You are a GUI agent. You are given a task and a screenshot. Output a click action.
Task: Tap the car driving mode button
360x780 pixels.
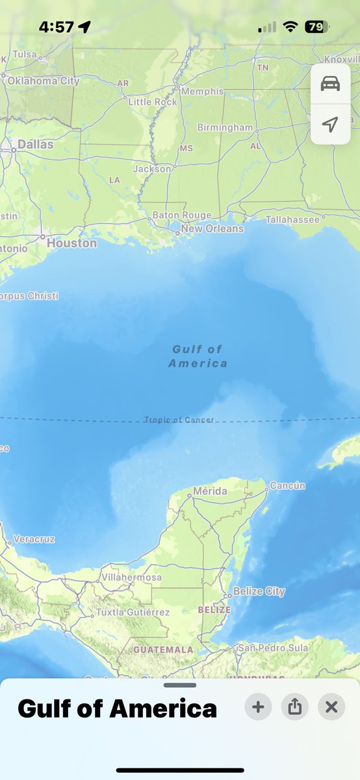[330, 84]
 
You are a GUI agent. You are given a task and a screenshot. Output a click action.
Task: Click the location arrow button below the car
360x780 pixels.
[330, 124]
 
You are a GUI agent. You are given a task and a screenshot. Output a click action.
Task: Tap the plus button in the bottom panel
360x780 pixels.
[258, 707]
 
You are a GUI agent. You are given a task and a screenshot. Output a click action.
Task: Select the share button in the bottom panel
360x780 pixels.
[295, 707]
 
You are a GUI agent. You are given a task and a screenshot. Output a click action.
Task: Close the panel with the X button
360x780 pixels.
[331, 707]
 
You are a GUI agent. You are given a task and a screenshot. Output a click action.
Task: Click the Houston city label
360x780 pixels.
[71, 243]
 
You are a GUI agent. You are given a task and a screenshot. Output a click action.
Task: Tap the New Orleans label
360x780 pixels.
[212, 228]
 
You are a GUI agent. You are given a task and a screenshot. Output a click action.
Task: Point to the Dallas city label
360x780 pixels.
[36, 144]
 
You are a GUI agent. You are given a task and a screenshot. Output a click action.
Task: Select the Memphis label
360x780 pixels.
[202, 91]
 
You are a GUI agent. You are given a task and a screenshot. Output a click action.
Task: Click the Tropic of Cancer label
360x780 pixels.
[179, 420]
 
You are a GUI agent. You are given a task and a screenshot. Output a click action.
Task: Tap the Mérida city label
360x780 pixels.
[211, 491]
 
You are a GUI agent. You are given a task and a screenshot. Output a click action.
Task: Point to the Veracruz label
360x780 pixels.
[34, 539]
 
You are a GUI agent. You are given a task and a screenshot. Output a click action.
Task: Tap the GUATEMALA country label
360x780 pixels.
[163, 649]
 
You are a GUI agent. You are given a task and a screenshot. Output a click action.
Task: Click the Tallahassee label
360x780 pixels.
[292, 220]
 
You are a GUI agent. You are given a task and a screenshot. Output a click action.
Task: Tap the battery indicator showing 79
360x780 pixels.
[316, 27]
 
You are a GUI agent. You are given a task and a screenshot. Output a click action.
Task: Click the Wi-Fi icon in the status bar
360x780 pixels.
[290, 27]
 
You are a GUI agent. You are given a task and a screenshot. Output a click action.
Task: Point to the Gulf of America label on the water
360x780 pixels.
[198, 356]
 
